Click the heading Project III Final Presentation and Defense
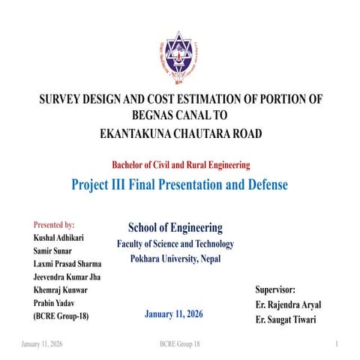tap(179, 184)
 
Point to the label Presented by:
tap(54, 224)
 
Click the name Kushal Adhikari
tap(58, 238)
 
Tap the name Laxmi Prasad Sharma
tap(67, 264)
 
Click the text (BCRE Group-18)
tap(61, 316)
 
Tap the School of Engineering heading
tap(175, 227)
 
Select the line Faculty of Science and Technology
tap(175, 244)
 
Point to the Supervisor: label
tap(275, 289)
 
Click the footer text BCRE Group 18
tap(180, 343)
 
